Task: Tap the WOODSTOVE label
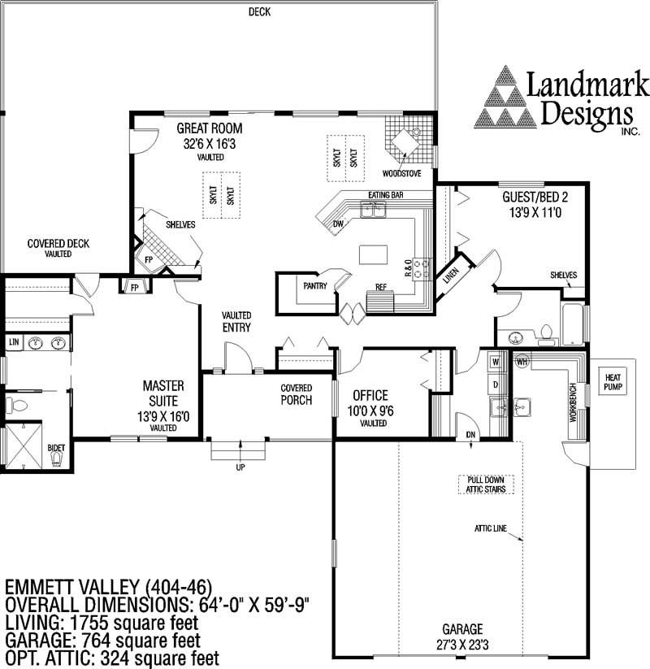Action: [x=400, y=173]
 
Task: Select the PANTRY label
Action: [x=315, y=286]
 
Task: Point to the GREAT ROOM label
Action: [x=210, y=128]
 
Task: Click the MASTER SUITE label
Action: [x=163, y=392]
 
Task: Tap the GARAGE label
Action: [x=462, y=629]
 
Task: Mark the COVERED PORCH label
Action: [x=297, y=394]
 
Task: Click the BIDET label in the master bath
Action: [x=56, y=448]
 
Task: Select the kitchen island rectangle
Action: [x=372, y=254]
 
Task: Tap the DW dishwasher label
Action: [x=338, y=224]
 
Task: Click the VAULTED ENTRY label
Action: [x=236, y=321]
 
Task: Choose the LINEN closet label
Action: [x=449, y=276]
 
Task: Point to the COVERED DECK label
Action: [x=58, y=243]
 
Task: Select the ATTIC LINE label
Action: [x=491, y=528]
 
